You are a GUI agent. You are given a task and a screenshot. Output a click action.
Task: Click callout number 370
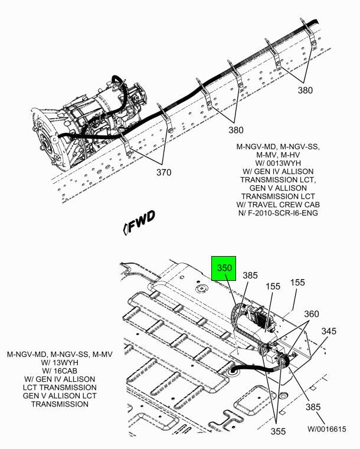[x=163, y=172]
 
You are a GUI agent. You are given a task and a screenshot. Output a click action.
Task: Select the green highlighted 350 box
[x=224, y=268]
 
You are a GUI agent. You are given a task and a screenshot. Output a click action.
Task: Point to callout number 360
[x=312, y=314]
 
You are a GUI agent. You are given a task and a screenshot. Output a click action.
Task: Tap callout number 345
[x=329, y=331]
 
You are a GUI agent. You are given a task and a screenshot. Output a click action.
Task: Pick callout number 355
[x=278, y=431]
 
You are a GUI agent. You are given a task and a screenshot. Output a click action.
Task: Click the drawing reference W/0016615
[x=327, y=430]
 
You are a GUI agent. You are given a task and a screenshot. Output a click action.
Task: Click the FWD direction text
[x=142, y=221]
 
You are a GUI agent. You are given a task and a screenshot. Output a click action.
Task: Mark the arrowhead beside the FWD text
[x=125, y=229]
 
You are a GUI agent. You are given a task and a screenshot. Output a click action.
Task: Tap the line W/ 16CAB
[x=60, y=371]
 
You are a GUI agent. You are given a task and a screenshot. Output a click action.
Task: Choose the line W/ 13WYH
[x=60, y=362]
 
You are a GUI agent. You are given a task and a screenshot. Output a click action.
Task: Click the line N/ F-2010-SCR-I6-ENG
[x=278, y=213]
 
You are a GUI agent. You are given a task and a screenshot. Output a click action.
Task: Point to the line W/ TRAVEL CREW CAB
[x=278, y=205]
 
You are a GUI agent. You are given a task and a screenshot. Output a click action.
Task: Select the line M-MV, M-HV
[x=278, y=155]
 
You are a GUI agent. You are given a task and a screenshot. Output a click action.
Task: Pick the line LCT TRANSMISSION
[x=60, y=388]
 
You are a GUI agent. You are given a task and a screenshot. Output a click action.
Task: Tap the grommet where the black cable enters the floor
[x=233, y=372]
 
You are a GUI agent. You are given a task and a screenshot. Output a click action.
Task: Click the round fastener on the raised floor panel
[x=201, y=289]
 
